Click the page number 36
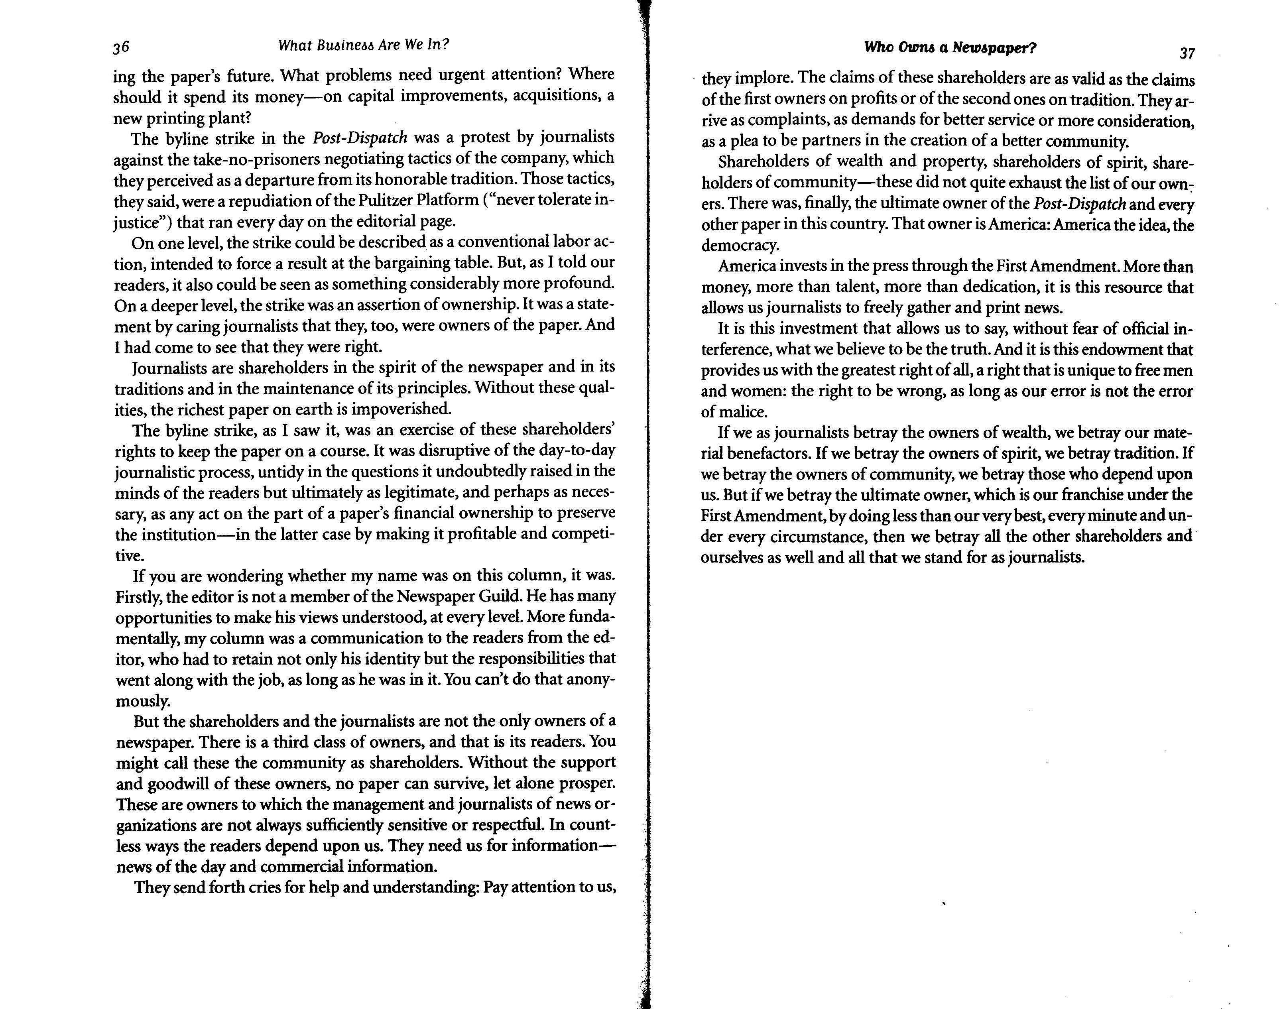coord(121,47)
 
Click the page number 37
coord(1187,53)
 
